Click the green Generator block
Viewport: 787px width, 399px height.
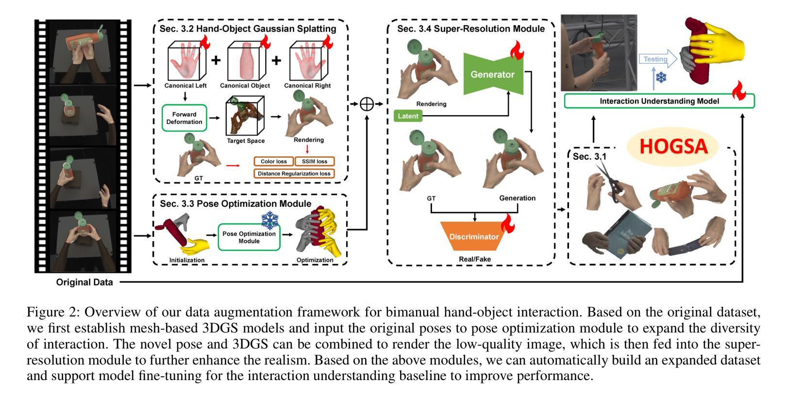tap(493, 74)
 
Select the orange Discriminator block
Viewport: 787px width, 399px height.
tap(474, 236)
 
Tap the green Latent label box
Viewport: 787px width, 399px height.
tap(408, 116)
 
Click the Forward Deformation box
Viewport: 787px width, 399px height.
tap(184, 118)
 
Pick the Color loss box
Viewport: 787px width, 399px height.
tap(274, 161)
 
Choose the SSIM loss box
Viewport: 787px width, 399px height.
tap(315, 161)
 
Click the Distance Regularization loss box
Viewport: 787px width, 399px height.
tap(294, 173)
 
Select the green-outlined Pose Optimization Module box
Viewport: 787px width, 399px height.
tap(249, 237)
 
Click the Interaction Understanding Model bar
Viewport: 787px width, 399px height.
tap(659, 101)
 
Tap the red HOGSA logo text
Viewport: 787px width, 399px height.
tap(673, 147)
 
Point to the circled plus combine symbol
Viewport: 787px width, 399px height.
tap(367, 104)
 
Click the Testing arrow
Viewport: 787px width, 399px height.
tap(658, 59)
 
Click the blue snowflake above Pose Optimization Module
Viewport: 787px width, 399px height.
tap(270, 220)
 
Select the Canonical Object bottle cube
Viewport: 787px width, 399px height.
tap(245, 61)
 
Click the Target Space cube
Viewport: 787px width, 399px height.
tap(245, 116)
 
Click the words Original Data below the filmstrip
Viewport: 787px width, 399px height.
tap(84, 282)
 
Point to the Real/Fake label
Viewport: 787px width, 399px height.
tap(475, 259)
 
